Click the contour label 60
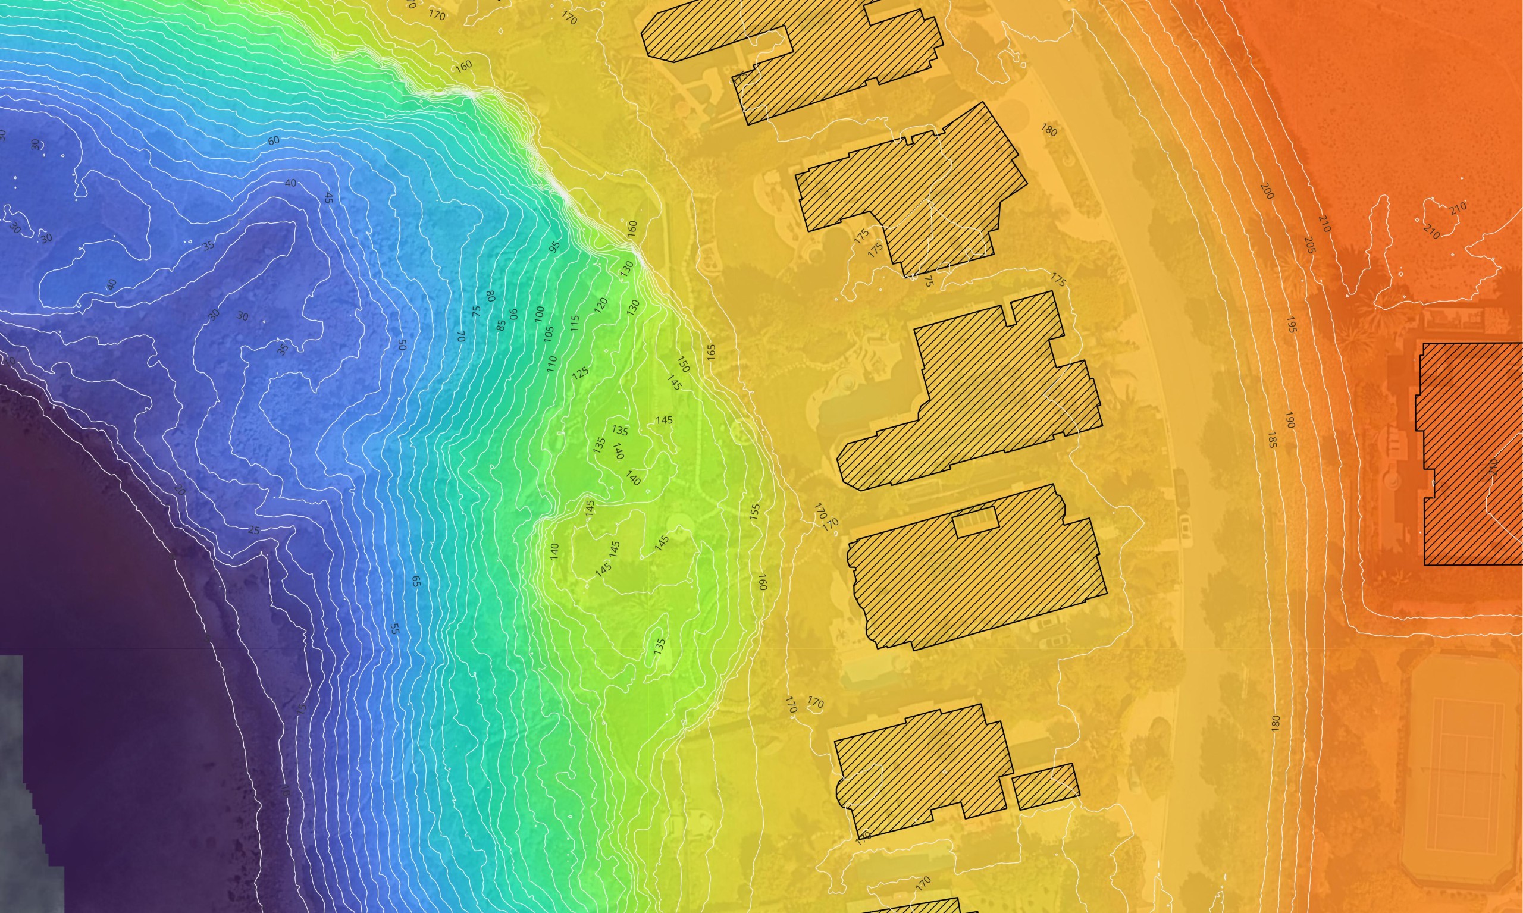(x=274, y=140)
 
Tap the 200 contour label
(x=1267, y=191)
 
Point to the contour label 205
(x=1309, y=245)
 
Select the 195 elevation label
(x=1291, y=325)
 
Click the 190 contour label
(x=1289, y=420)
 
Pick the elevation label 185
(x=1271, y=440)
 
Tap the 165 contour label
(x=712, y=352)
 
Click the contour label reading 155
(x=754, y=512)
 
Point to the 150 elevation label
(x=683, y=364)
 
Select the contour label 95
(x=554, y=247)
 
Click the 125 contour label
(x=580, y=373)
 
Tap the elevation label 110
(x=551, y=363)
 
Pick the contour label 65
(x=416, y=581)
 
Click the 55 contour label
(x=395, y=629)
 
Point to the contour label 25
(x=253, y=531)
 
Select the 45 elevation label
(x=328, y=198)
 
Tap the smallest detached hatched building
(x=1045, y=787)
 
